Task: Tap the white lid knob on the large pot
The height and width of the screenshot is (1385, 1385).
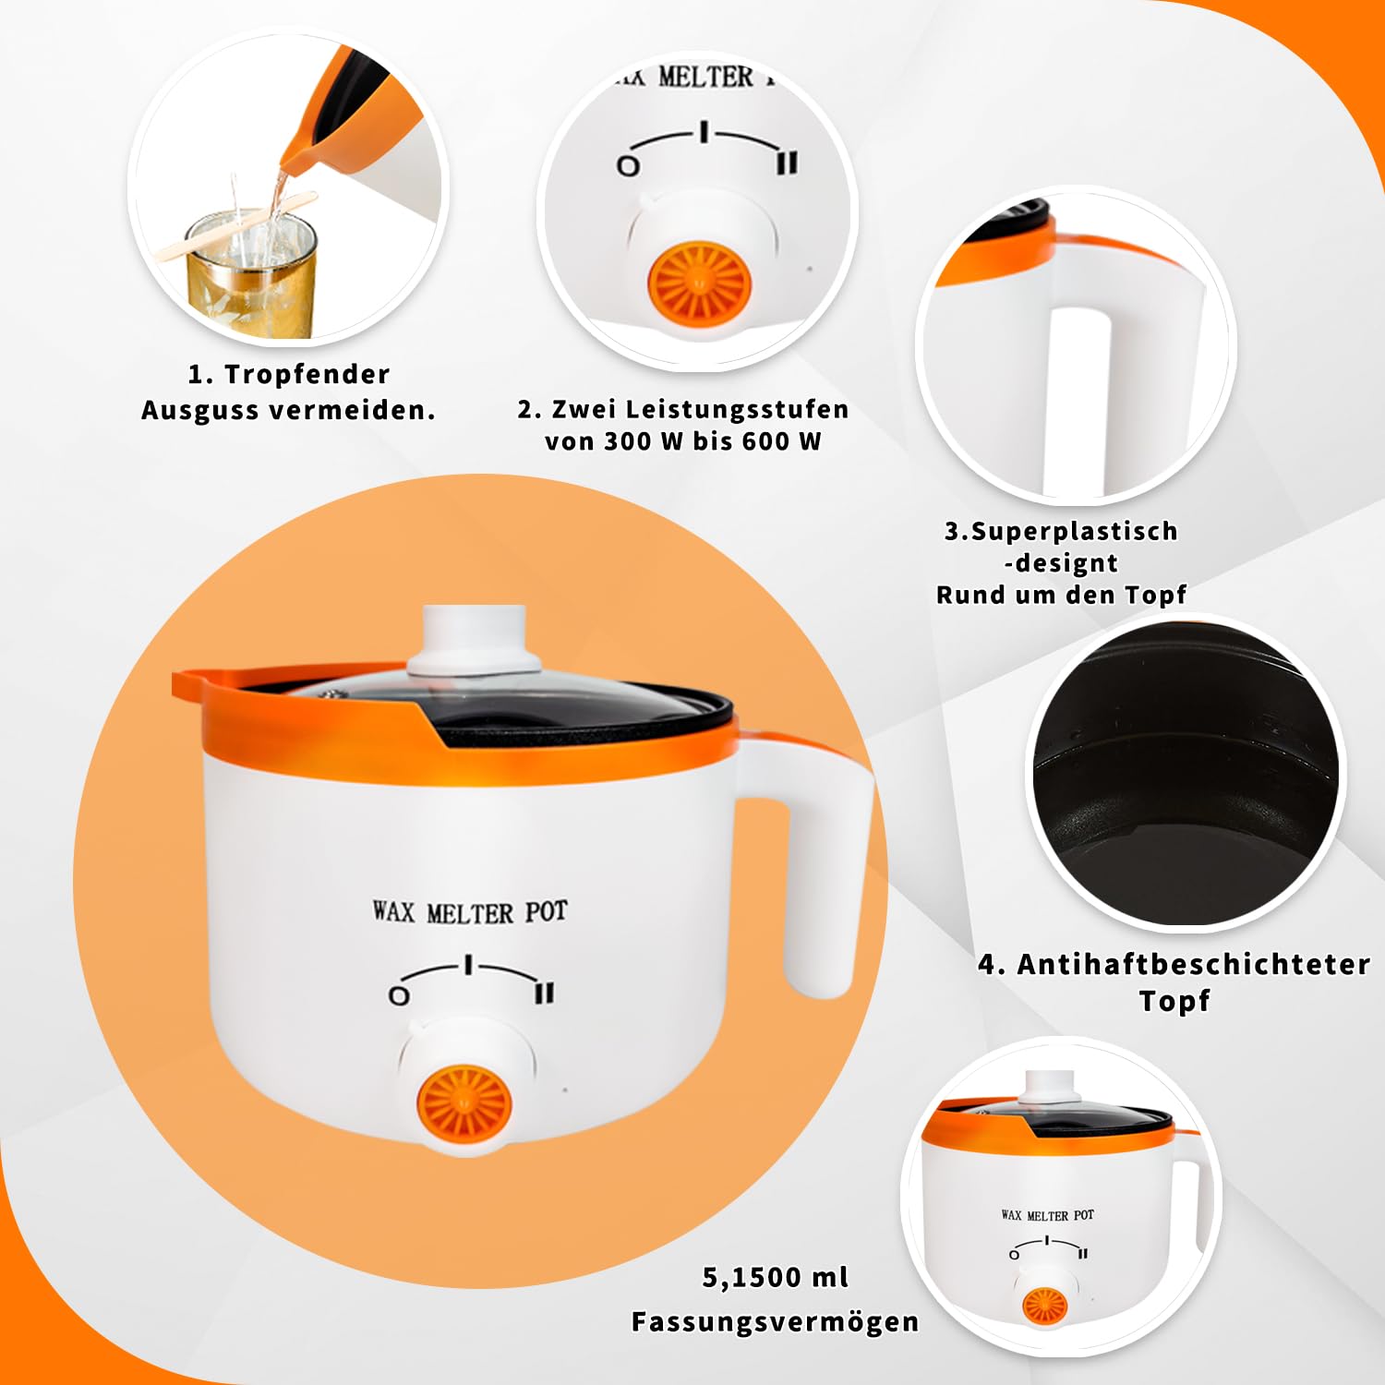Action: (475, 639)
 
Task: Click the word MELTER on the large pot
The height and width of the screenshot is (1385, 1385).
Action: (470, 913)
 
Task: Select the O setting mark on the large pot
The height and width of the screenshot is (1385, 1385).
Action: (399, 996)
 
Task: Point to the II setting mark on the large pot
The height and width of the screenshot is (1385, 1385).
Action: (545, 993)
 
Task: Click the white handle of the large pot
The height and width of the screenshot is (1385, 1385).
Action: (813, 859)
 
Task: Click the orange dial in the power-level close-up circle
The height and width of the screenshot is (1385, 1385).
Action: (699, 281)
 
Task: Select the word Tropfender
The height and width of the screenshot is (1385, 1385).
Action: (307, 374)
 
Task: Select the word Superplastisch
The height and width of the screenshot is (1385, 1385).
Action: (1074, 532)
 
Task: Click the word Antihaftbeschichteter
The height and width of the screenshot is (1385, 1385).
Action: (1193, 964)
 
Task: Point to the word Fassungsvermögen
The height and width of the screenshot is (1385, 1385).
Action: (775, 1321)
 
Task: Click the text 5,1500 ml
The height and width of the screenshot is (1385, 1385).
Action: (775, 1277)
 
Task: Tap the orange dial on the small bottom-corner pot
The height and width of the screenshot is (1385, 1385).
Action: (1045, 1304)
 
